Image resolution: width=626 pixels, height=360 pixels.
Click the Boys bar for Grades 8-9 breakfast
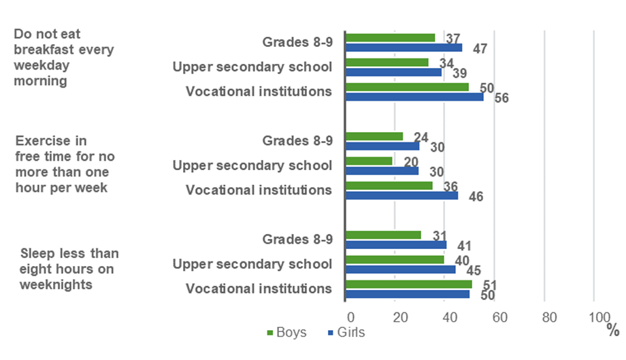390,38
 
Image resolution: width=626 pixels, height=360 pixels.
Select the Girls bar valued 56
414,97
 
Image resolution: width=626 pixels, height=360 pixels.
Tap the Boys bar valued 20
369,161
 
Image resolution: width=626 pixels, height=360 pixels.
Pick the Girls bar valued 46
401,195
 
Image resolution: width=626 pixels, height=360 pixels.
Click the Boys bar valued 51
408,284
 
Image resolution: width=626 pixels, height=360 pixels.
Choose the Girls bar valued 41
396,244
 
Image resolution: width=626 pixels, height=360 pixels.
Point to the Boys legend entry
286,333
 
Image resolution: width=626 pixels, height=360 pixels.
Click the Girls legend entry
346,333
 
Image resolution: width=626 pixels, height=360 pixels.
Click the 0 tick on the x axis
350,317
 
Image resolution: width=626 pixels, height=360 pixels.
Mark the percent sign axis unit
613,331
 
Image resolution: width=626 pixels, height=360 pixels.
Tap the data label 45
473,271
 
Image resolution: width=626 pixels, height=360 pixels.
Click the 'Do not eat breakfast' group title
64,57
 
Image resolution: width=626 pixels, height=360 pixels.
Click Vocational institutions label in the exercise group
259,190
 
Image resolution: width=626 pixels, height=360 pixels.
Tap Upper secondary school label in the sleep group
252,264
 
